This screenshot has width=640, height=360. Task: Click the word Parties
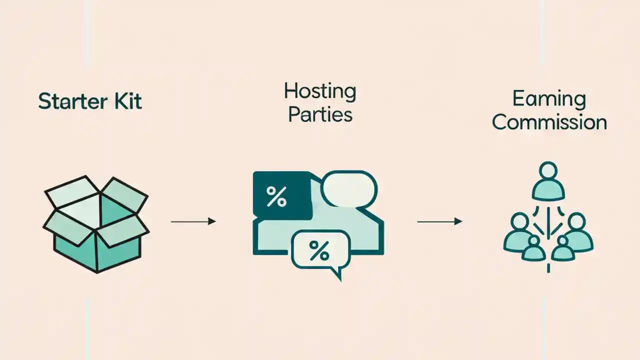point(320,114)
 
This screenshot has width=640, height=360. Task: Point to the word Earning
point(548,99)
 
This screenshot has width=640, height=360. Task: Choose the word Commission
point(548,122)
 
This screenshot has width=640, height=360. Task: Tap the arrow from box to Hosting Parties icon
point(193,221)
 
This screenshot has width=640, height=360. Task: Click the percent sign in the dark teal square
point(276,196)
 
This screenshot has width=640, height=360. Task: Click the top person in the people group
point(548,180)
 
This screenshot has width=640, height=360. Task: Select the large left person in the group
point(519,232)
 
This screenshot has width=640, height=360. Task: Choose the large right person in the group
point(577,232)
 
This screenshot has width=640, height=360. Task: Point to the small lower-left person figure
point(533,249)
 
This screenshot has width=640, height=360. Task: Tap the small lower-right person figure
point(563,249)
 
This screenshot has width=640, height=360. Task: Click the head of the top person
point(548,170)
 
